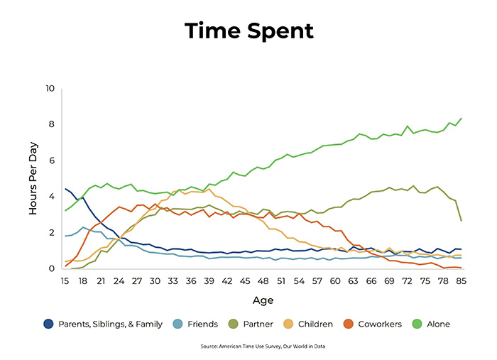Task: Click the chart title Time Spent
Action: [248, 31]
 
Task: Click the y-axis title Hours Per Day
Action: [33, 179]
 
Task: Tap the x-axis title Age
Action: [263, 300]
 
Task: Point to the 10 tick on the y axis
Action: [50, 89]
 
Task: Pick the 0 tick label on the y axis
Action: [52, 268]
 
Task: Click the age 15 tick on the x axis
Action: [66, 281]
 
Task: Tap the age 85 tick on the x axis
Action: [461, 281]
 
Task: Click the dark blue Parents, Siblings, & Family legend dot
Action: [48, 324]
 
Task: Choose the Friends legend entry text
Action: [202, 324]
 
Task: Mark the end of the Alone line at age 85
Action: [461, 119]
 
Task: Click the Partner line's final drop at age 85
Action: [461, 220]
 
